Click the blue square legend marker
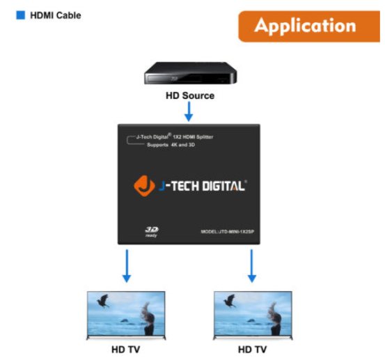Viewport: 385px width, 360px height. (x=20, y=15)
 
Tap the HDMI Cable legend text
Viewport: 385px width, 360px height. (x=56, y=15)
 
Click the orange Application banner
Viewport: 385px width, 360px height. (x=309, y=26)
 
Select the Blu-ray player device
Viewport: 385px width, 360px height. (x=191, y=73)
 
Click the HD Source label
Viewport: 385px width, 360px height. (x=190, y=95)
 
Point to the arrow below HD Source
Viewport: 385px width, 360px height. (x=189, y=111)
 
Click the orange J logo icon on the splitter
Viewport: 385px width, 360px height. (x=144, y=186)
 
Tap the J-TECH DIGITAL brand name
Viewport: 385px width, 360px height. (x=203, y=186)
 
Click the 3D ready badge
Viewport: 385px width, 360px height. (x=152, y=232)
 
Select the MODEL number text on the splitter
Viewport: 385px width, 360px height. (x=228, y=232)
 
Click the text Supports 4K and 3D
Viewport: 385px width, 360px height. (x=171, y=145)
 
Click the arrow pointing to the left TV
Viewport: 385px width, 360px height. (x=127, y=266)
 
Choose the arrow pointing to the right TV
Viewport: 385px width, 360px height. (x=251, y=266)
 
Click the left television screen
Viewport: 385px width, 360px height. (x=126, y=313)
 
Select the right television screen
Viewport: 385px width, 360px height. (x=253, y=313)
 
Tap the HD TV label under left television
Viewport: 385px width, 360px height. (x=126, y=349)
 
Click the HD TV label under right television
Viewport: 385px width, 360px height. (x=253, y=349)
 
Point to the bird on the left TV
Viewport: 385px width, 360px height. (x=103, y=301)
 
